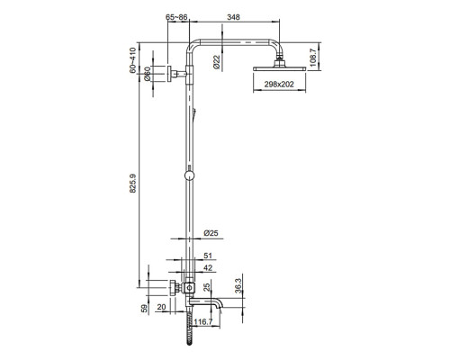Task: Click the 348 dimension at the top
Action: click(x=233, y=17)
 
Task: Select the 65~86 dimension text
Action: click(x=178, y=17)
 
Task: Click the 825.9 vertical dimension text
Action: click(x=133, y=184)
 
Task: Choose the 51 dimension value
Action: click(x=209, y=256)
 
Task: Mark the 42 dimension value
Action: click(x=208, y=267)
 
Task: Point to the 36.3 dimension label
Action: click(x=238, y=284)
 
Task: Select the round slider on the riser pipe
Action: click(x=188, y=175)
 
